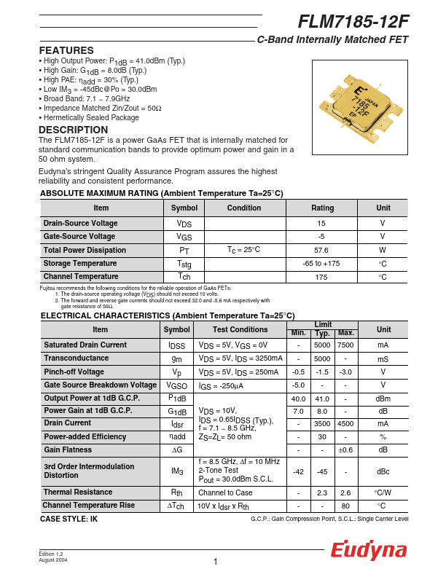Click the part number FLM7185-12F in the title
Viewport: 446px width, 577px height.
(353, 22)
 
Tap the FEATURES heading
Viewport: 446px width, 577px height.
(66, 50)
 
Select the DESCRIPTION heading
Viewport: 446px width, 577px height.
(73, 130)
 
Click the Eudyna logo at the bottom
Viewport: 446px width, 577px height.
(369, 551)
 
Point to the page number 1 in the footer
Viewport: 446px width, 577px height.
(216, 561)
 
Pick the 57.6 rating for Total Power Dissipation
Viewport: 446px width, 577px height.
(321, 250)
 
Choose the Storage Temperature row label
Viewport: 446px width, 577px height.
(80, 263)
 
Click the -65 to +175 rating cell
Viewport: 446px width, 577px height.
(321, 263)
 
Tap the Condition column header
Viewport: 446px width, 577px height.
(243, 208)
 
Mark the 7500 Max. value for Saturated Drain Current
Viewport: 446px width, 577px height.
(345, 345)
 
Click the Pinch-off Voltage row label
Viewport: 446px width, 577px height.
(74, 372)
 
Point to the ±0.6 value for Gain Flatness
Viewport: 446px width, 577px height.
(345, 450)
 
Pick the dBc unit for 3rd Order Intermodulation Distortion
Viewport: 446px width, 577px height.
(383, 471)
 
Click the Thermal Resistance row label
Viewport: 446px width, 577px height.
(78, 492)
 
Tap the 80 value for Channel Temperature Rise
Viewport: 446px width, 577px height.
(345, 506)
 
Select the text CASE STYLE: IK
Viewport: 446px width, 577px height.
(69, 519)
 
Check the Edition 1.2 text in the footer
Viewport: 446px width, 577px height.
(51, 554)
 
